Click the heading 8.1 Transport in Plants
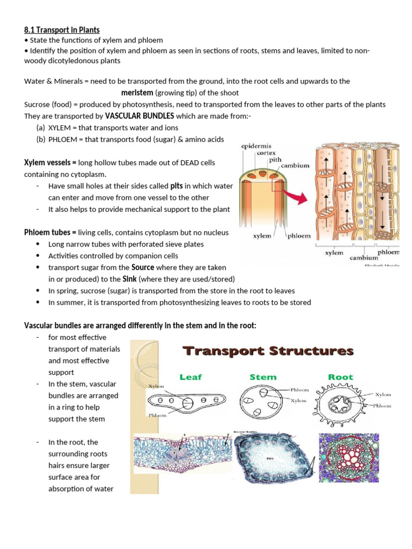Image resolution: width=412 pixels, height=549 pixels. pyautogui.click(x=62, y=30)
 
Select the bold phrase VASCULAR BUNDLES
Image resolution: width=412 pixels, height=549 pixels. pyautogui.click(x=139, y=116)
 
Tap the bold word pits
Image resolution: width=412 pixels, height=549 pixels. pyautogui.click(x=176, y=186)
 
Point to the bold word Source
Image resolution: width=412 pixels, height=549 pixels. pyautogui.click(x=143, y=267)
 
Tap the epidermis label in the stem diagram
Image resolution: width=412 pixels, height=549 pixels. pyautogui.click(x=255, y=145)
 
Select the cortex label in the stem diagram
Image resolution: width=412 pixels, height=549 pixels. pyautogui.click(x=266, y=152)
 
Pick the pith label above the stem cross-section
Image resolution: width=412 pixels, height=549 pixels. pyautogui.click(x=275, y=159)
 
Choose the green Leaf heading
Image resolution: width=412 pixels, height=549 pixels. pyautogui.click(x=190, y=377)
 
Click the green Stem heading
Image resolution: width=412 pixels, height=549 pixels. pyautogui.click(x=263, y=377)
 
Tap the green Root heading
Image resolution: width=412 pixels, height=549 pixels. pyautogui.click(x=341, y=377)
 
